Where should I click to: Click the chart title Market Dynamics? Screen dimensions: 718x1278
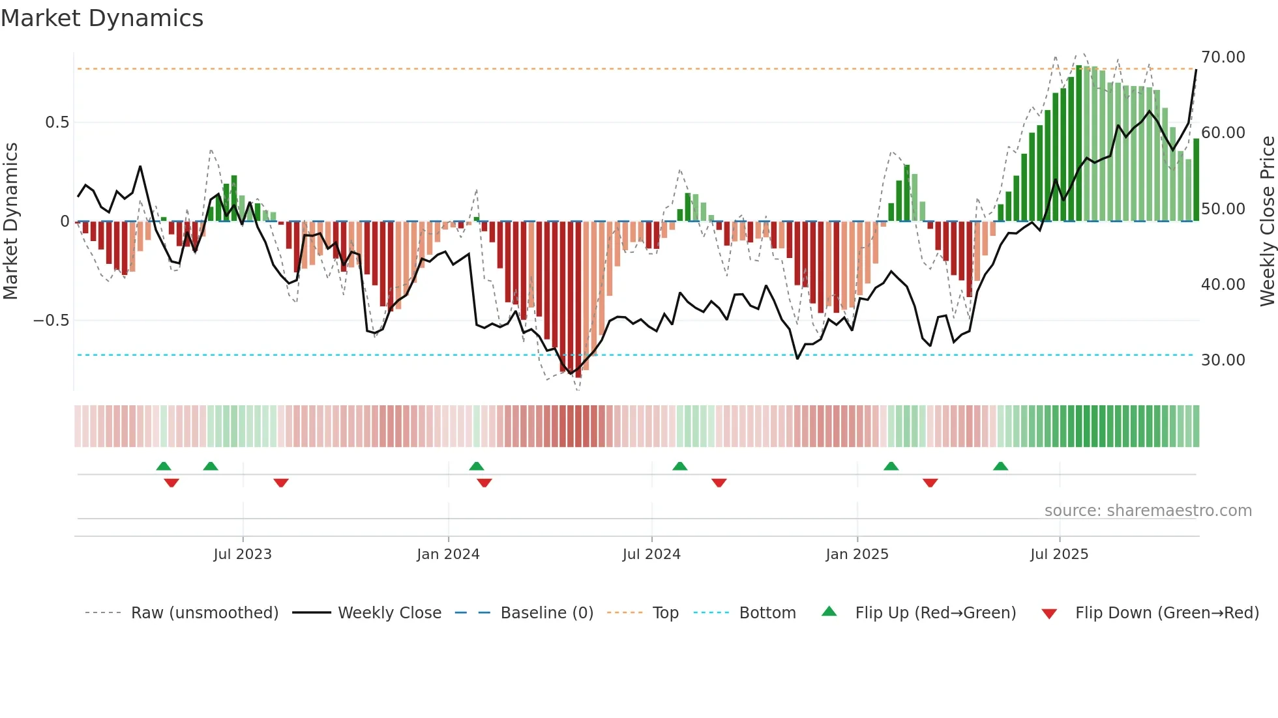[x=102, y=18]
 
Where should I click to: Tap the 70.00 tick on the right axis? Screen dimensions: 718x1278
[x=1223, y=57]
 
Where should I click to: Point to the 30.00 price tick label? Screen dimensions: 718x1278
[x=1223, y=360]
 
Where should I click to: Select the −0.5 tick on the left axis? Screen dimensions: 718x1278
[x=52, y=321]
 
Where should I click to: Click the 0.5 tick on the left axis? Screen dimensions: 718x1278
[x=57, y=122]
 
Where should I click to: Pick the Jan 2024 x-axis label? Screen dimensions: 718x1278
[x=448, y=554]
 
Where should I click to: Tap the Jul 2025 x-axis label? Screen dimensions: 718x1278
[x=1059, y=554]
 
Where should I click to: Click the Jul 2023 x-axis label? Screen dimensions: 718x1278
[x=243, y=554]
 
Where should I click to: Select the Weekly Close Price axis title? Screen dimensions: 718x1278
[x=1267, y=221]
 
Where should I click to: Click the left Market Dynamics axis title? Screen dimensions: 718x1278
[x=11, y=221]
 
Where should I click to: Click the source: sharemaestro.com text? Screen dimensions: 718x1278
[x=1148, y=511]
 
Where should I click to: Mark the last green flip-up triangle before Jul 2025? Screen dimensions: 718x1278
[x=1000, y=467]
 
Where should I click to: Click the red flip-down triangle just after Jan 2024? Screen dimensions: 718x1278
[x=484, y=483]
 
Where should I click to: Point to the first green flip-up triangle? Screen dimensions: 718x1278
[x=164, y=467]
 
